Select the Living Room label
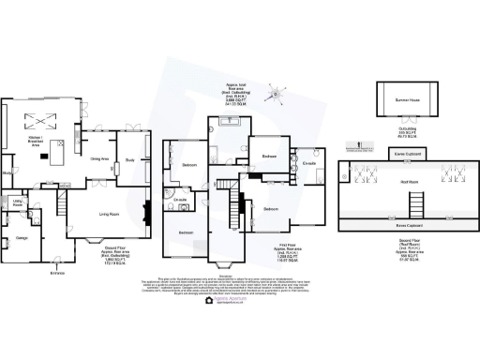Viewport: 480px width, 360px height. (112, 215)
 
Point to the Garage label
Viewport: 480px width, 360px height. (22, 238)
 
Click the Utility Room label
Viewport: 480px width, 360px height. (17, 202)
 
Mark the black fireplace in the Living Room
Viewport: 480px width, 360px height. (144, 211)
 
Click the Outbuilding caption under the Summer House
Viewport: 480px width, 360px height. (406, 135)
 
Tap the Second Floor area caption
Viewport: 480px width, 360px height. (408, 249)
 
